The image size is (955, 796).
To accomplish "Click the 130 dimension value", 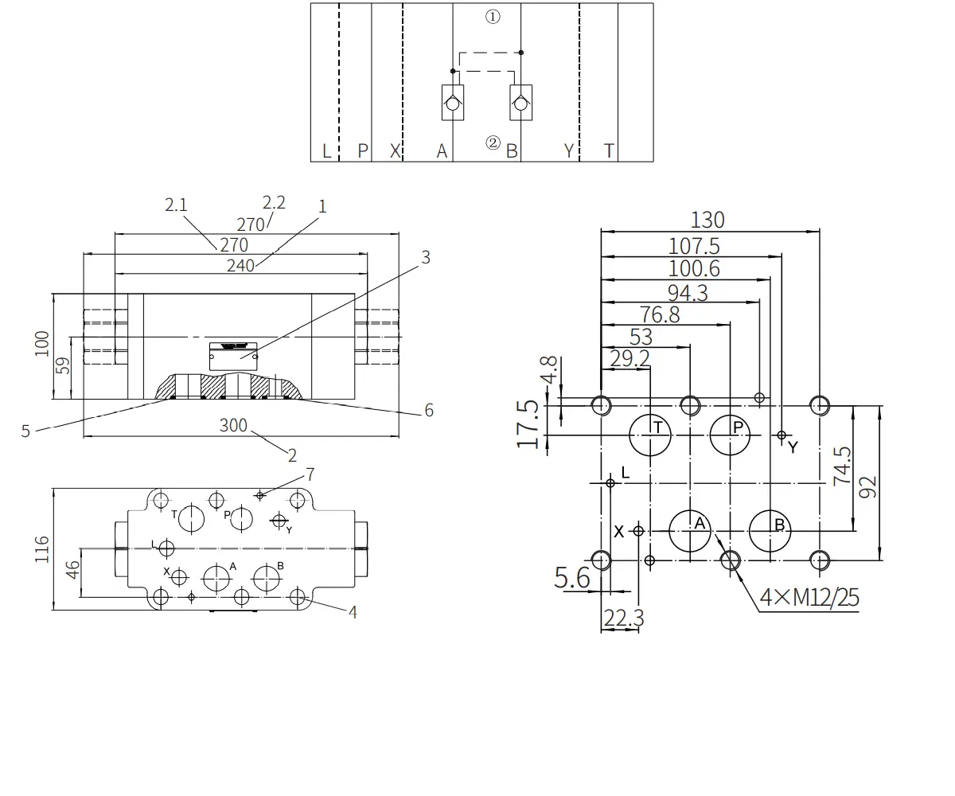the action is point(707,220).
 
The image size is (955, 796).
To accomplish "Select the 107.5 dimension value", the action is point(694,246).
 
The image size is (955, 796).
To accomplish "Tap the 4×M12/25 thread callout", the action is point(809,597).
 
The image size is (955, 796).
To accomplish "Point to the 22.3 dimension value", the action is point(624,618).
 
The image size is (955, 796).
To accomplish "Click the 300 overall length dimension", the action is point(233,425).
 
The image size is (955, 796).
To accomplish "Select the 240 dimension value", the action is point(240,265).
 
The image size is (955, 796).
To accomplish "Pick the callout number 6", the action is point(429,411).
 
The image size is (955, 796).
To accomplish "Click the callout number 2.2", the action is point(274,203).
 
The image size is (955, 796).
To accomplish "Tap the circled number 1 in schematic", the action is point(493,17).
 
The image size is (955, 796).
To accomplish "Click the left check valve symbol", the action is point(453,103).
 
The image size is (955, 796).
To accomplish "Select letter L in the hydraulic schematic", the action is point(326,150).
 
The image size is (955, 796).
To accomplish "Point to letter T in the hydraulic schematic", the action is point(609,150).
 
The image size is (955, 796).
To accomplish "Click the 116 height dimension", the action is point(42,549).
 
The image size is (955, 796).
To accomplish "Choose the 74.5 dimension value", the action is point(842,466).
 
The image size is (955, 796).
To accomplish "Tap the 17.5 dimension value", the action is point(528,424).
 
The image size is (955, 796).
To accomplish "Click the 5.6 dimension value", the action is point(571,577).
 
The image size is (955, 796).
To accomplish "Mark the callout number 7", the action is point(310,474).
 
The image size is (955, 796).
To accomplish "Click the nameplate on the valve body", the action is point(233,357).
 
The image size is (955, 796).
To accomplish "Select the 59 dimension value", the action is point(63,365).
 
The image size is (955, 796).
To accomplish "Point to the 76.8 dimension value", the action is point(660,314).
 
